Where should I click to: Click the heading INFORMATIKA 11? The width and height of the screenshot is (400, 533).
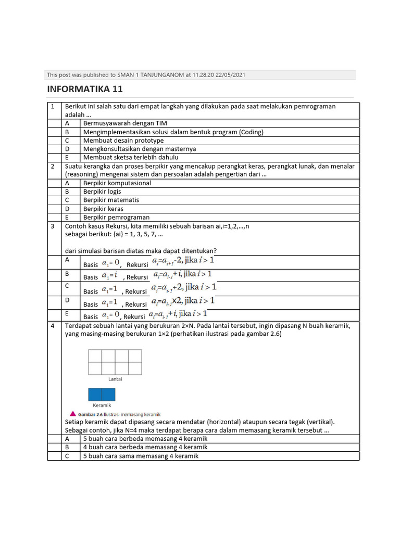tap(85, 89)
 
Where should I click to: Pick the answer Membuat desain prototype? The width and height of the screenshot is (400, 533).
tap(123, 141)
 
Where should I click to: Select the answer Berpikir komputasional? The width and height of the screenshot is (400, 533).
tap(117, 183)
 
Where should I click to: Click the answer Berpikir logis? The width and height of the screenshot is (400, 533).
tap(102, 192)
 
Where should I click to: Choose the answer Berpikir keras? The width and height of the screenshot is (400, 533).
tap(103, 209)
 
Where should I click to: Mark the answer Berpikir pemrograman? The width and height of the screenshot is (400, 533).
tap(116, 217)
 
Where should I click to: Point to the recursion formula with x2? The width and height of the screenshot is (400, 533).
tap(183, 301)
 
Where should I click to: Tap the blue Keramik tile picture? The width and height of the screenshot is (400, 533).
tap(102, 394)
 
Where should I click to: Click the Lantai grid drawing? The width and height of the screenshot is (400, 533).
tap(115, 362)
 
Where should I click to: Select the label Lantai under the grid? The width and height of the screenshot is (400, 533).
tap(115, 379)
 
